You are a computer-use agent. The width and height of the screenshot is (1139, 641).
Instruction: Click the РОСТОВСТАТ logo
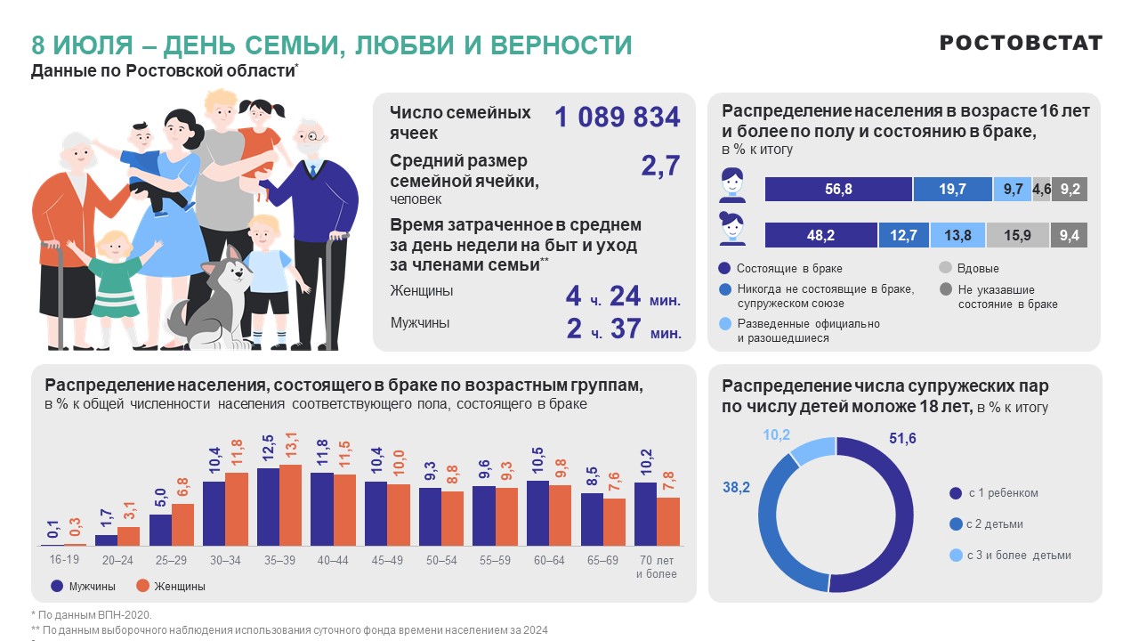pyautogui.click(x=1021, y=43)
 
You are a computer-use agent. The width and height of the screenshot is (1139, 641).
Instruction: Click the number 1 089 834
pyautogui.click(x=617, y=117)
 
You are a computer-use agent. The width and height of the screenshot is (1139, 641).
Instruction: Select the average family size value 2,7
pyautogui.click(x=660, y=166)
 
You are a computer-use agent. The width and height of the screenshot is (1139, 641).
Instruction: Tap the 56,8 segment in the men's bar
pyautogui.click(x=838, y=190)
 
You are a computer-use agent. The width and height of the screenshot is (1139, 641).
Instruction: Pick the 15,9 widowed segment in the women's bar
pyautogui.click(x=1017, y=236)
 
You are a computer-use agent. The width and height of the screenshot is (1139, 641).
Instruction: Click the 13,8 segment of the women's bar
pyautogui.click(x=957, y=236)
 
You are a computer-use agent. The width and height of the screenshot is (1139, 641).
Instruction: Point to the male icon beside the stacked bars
pyautogui.click(x=731, y=186)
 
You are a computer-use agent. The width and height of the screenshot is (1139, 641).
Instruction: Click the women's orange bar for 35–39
pyautogui.click(x=290, y=505)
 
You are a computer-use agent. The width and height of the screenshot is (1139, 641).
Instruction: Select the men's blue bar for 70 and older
pyautogui.click(x=645, y=514)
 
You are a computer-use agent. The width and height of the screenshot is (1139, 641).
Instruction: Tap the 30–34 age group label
pyautogui.click(x=223, y=560)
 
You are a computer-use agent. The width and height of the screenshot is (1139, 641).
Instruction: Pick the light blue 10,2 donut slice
pyautogui.click(x=810, y=450)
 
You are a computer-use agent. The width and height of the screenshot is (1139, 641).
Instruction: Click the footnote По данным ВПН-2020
pyautogui.click(x=93, y=614)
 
